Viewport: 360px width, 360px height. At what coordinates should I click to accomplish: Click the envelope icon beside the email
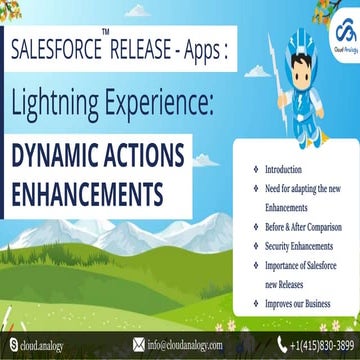[138, 346]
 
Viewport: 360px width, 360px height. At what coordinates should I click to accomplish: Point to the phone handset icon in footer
[269, 346]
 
